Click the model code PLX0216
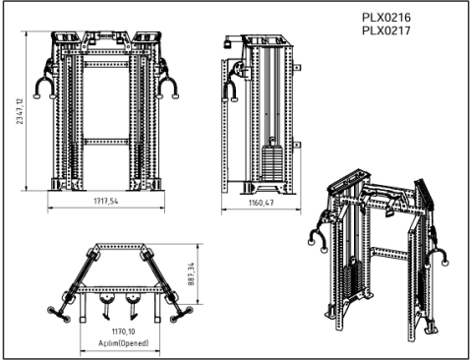click(386, 17)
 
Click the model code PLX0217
click(386, 30)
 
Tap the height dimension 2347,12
click(20, 111)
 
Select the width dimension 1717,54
click(106, 201)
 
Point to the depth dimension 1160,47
click(261, 203)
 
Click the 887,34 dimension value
click(191, 273)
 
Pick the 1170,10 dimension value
click(123, 331)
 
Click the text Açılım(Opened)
click(123, 343)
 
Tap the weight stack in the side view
click(272, 163)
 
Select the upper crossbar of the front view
click(106, 64)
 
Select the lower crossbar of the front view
click(106, 142)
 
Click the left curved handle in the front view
click(44, 86)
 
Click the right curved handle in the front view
click(167, 86)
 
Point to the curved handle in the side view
click(230, 91)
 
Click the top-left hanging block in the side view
click(227, 43)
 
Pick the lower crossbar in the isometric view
click(389, 254)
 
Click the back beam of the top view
click(120, 246)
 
